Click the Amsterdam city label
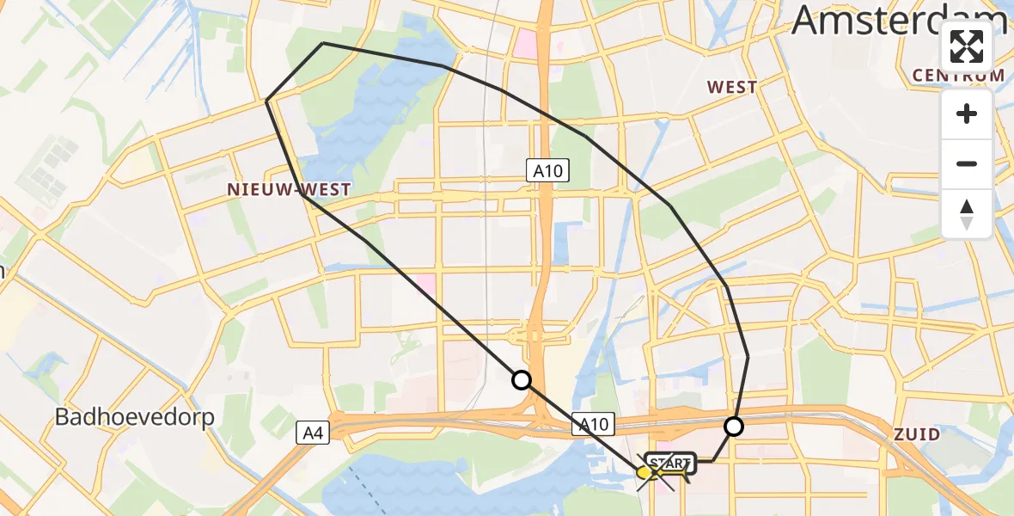[x=898, y=21]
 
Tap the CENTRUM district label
[x=958, y=76]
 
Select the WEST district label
[x=731, y=87]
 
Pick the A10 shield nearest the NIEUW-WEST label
[x=547, y=171]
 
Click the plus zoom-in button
[x=967, y=114]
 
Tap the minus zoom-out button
[x=967, y=163]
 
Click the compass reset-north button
[x=967, y=213]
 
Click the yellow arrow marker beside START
[x=646, y=472]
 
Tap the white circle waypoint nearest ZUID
[x=734, y=426]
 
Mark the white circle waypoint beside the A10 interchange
[x=522, y=379]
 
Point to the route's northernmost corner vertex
[x=322, y=43]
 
